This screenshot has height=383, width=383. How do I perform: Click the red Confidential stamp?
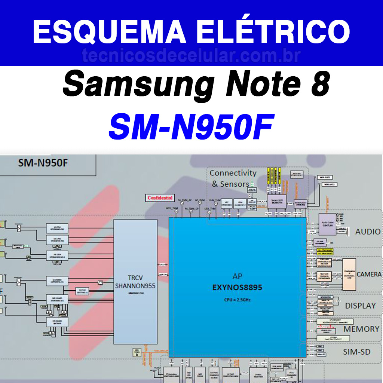point(160,197)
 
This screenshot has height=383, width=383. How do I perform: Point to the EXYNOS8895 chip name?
point(237,288)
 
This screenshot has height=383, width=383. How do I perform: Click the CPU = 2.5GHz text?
point(237,300)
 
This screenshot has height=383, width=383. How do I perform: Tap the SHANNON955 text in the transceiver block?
point(135,286)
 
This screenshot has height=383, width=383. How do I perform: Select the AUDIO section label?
point(368,232)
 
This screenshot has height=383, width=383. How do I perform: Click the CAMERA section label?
point(369,274)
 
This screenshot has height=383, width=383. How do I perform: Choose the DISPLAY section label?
point(360,306)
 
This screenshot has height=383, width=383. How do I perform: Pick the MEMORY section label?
point(361,329)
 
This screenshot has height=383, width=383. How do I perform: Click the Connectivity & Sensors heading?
point(233,178)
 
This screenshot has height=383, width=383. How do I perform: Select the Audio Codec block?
point(327,224)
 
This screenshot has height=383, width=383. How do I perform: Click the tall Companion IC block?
point(349,274)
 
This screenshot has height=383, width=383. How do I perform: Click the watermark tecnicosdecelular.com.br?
point(191,56)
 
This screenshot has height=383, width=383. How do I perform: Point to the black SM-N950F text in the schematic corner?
point(43,163)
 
